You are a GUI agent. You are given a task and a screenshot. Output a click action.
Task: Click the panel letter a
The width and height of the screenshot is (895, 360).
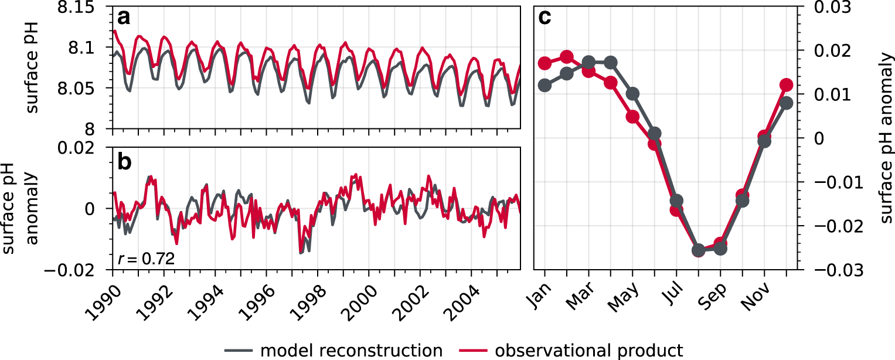(x=124, y=18)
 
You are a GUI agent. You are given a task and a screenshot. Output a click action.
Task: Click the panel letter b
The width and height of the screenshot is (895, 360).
(x=125, y=161)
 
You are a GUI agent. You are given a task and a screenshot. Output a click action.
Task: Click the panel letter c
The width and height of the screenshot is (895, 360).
(x=545, y=18)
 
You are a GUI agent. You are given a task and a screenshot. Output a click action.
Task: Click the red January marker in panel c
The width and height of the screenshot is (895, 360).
(x=545, y=63)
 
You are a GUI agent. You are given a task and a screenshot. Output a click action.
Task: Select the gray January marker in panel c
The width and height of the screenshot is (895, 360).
(x=545, y=85)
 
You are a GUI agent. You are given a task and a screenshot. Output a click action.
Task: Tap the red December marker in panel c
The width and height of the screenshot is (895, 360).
(x=787, y=85)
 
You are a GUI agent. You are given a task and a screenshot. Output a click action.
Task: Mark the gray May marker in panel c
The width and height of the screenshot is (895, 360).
(x=632, y=94)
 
